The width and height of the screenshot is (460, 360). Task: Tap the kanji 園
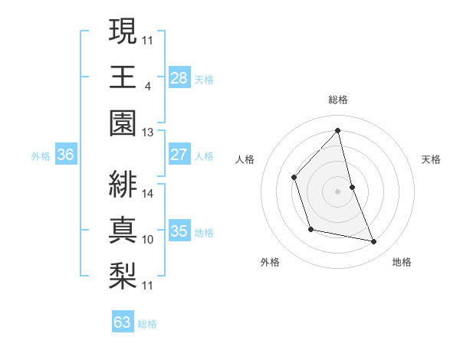pos(123,123)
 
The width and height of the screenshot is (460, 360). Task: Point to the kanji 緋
pos(123,183)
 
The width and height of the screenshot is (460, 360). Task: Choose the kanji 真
pos(123,230)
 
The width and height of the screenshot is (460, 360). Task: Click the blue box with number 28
pos(179,77)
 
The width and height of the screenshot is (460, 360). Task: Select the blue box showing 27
pos(179,155)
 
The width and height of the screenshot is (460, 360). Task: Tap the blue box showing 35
pos(179,232)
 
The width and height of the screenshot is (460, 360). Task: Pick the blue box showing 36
pos(66,155)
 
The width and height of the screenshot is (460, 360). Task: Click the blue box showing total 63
pos(122,322)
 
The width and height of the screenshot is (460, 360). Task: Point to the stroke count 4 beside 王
pos(147,85)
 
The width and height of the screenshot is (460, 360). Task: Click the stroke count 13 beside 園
pos(147,132)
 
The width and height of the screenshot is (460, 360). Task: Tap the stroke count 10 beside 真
pos(148,240)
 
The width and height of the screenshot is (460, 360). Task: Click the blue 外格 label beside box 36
pos(41,156)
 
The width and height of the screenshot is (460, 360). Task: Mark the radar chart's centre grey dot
pos(337,191)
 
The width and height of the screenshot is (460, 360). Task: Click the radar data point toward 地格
pos(374,241)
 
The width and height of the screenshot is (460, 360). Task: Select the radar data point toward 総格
pos(337,131)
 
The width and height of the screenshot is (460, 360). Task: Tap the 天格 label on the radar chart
pos(432,160)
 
